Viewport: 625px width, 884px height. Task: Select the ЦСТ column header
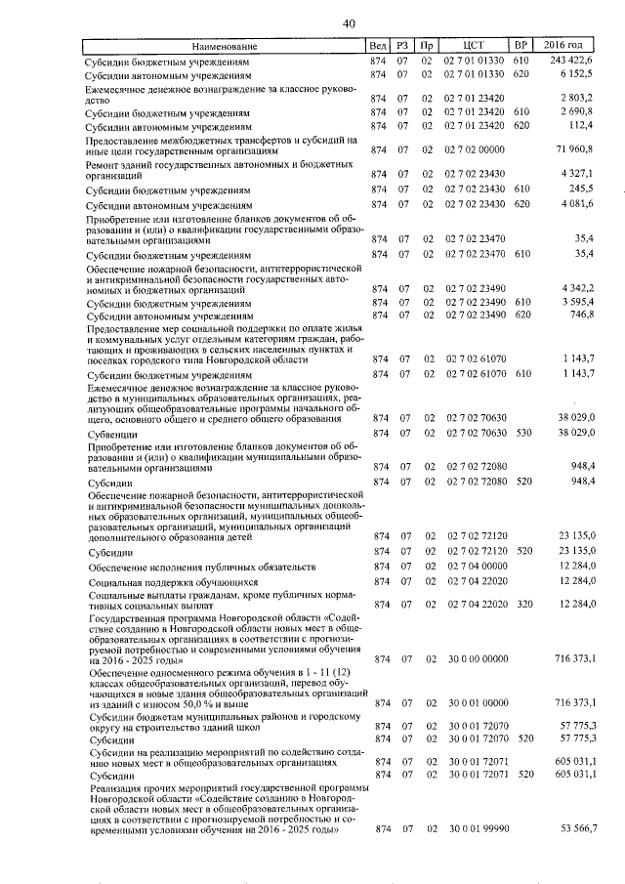(x=474, y=46)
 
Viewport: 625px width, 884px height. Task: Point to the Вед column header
(x=377, y=46)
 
